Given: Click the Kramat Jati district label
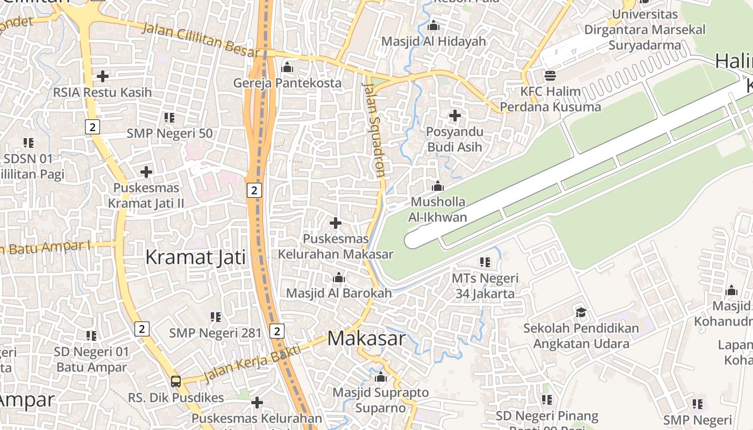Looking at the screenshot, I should click(195, 257).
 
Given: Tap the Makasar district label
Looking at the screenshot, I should click(366, 339).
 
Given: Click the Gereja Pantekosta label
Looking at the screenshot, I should click(287, 83).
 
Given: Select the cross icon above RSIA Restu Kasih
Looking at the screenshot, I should click(102, 76).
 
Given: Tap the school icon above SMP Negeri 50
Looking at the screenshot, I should click(169, 117).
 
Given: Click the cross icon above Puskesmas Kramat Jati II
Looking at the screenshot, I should click(146, 172).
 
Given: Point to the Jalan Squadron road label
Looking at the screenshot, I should click(374, 129).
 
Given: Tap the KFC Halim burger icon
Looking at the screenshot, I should click(550, 75).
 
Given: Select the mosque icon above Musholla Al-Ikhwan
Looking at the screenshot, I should click(438, 186).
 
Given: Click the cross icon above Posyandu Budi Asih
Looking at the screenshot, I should click(455, 116).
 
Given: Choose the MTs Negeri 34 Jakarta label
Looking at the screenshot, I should click(485, 286).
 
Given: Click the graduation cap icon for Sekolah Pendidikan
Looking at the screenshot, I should click(581, 312).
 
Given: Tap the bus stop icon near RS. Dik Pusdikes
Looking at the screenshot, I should click(176, 382).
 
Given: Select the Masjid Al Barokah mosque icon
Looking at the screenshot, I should click(339, 278).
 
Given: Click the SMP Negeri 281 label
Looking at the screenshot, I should click(215, 333).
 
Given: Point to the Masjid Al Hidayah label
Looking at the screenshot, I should click(434, 41).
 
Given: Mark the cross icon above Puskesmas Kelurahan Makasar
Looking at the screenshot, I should click(336, 223).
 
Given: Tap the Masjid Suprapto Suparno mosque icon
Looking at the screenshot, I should click(381, 377).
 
